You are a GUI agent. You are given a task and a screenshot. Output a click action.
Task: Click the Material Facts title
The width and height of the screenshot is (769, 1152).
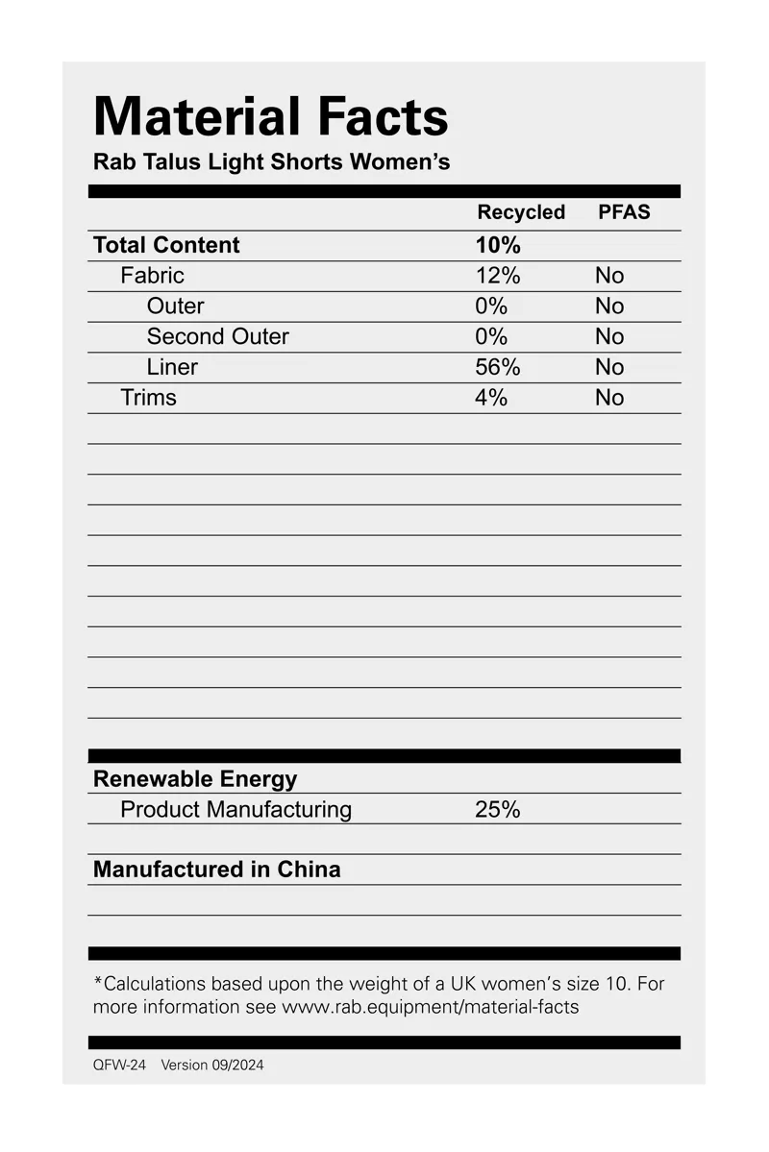pyautogui.click(x=271, y=117)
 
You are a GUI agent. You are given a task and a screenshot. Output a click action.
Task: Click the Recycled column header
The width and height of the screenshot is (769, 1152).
pyautogui.click(x=521, y=212)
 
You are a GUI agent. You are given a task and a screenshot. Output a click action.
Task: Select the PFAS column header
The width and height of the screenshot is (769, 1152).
pyautogui.click(x=624, y=212)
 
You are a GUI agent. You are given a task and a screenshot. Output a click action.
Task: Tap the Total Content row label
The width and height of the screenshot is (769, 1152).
pyautogui.click(x=166, y=245)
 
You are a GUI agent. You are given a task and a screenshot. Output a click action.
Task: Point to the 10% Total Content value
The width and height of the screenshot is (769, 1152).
pyautogui.click(x=498, y=245)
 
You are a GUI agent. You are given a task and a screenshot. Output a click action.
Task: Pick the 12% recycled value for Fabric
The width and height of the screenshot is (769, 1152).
pyautogui.click(x=497, y=276)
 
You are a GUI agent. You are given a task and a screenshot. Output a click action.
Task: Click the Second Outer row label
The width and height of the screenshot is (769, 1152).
pyautogui.click(x=217, y=336)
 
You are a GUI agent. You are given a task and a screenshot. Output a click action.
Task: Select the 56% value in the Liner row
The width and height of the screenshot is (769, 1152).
pyautogui.click(x=497, y=367)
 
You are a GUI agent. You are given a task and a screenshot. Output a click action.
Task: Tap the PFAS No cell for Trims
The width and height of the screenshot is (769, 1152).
pyautogui.click(x=609, y=398)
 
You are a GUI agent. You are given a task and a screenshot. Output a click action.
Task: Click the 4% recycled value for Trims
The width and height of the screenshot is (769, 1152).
pyautogui.click(x=490, y=398)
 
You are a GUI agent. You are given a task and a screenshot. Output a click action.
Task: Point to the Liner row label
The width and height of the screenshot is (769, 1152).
pyautogui.click(x=172, y=367)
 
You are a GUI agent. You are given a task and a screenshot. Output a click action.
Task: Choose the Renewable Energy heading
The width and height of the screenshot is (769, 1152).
pyautogui.click(x=195, y=779)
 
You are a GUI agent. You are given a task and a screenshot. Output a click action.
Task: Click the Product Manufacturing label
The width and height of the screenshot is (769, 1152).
pyautogui.click(x=236, y=810)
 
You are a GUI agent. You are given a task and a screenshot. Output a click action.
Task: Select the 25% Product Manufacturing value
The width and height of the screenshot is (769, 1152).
pyautogui.click(x=497, y=810)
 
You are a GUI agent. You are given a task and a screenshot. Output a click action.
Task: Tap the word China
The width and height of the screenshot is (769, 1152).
pyautogui.click(x=309, y=870)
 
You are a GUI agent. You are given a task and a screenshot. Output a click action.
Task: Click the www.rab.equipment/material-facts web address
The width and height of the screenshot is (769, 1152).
pyautogui.click(x=430, y=1008)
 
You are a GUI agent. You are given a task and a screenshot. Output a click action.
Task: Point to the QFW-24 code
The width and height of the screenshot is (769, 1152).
pyautogui.click(x=119, y=1065)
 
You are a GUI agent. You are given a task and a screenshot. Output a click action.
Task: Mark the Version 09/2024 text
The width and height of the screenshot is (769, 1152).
pyautogui.click(x=211, y=1065)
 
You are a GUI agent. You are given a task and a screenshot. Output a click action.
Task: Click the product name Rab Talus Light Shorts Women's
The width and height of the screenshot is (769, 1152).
pyautogui.click(x=271, y=161)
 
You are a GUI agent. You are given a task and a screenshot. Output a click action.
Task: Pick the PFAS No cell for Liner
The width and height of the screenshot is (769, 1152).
pyautogui.click(x=609, y=367)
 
